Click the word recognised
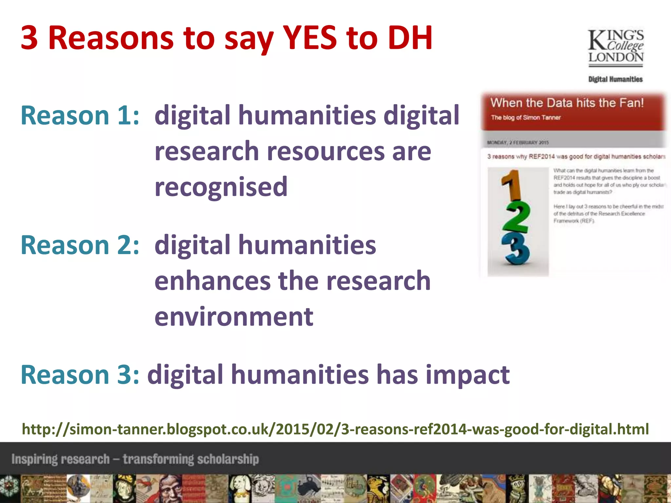pos(221,187)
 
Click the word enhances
pos(212,281)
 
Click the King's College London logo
pos(616,47)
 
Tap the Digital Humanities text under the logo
pos(615,79)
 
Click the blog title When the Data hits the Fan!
pos(567,103)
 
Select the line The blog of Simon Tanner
pos(526,118)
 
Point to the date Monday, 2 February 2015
pos(518,142)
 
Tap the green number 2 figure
pos(517,217)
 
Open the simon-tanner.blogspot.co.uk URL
pos(335,429)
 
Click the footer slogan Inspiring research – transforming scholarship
pos(135,459)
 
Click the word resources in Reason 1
pos(326,151)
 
